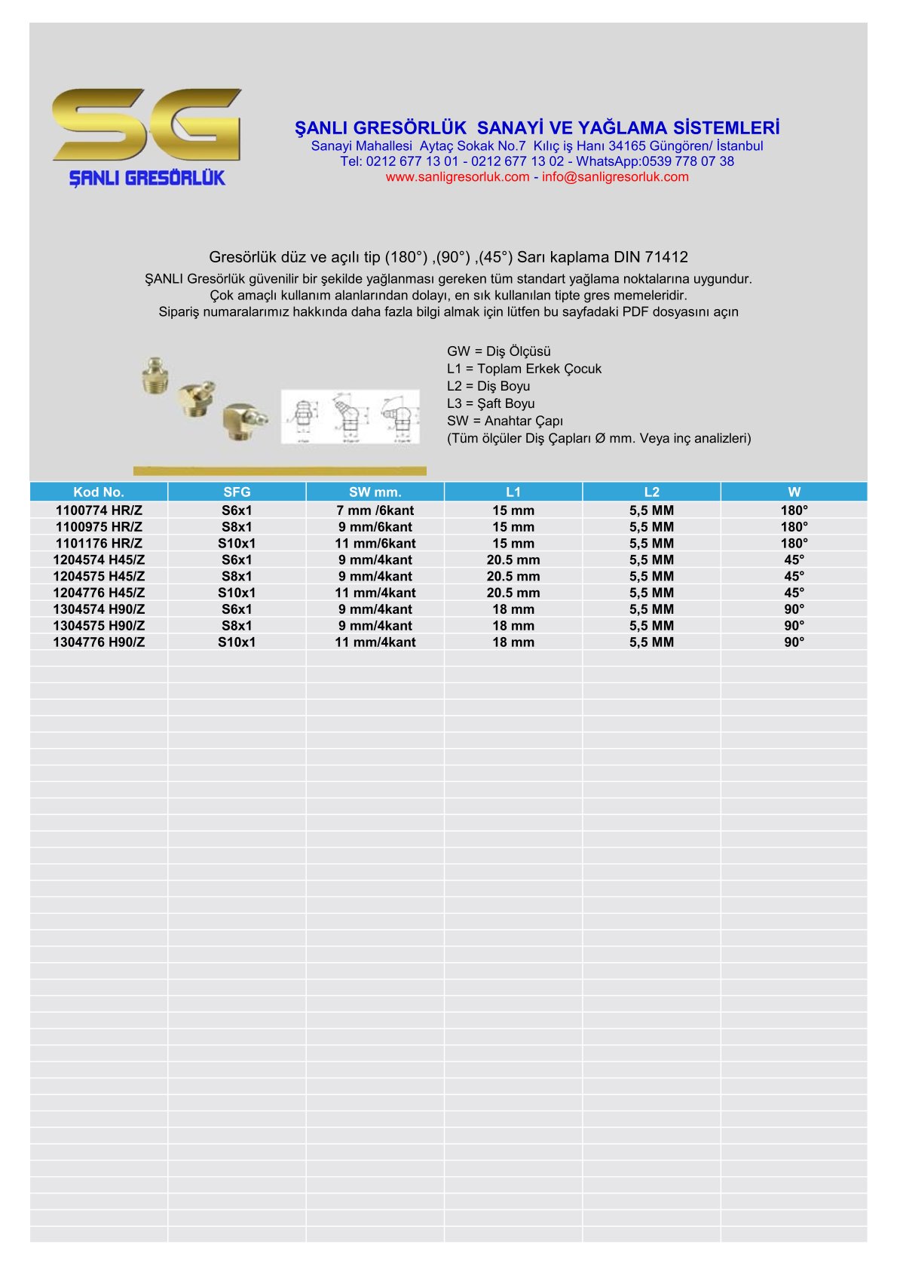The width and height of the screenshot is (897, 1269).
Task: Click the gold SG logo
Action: point(147,124)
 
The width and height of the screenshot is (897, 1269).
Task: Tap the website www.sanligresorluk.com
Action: point(457,177)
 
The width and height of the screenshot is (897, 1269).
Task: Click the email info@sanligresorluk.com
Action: point(615,177)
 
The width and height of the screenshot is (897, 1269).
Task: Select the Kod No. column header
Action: point(99,492)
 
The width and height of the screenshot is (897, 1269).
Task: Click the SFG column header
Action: point(237,492)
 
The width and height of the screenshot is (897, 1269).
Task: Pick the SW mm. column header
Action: point(375,492)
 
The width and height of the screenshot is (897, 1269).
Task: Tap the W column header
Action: point(794,492)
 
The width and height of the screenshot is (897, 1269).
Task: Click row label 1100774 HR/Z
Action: point(99,510)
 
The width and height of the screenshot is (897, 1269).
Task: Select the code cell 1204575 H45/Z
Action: point(99,576)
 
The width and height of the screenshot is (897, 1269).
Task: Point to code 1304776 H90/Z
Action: point(99,642)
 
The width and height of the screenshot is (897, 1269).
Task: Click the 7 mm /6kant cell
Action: point(375,510)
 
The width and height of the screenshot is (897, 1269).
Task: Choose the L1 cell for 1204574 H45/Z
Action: point(513,560)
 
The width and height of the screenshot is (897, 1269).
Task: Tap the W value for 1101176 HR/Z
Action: point(794,544)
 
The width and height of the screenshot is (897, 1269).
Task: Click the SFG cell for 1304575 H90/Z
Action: point(237,626)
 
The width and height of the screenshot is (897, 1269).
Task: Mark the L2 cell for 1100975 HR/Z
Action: point(651,527)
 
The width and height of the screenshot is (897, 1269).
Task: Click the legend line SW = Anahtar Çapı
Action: point(504,421)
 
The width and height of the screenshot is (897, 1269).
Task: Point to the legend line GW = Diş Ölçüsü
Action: point(498,351)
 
